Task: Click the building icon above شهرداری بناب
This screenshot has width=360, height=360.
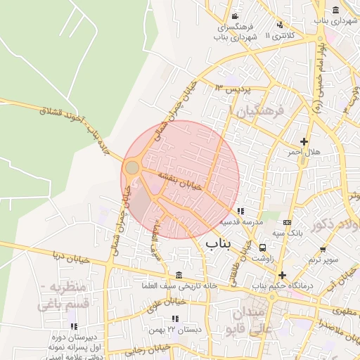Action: pyautogui.click(x=335, y=10)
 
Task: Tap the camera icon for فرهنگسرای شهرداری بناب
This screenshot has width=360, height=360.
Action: pyautogui.click(x=234, y=16)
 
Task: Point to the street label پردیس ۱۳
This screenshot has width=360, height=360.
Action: pyautogui.click(x=232, y=89)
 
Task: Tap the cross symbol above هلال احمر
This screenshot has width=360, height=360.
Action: pyautogui.click(x=304, y=141)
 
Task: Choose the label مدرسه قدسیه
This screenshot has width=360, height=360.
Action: pyautogui.click(x=240, y=221)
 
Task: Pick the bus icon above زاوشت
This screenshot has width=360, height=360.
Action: pyautogui.click(x=263, y=248)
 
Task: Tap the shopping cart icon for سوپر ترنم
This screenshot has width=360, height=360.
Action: pyautogui.click(x=322, y=250)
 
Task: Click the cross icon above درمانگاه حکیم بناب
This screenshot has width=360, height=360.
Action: pyautogui.click(x=283, y=275)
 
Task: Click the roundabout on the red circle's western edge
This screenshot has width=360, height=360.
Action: pyautogui.click(x=131, y=167)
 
